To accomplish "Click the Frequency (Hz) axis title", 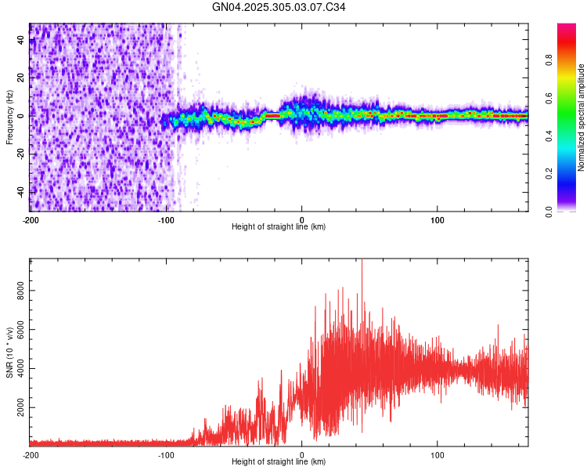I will [9, 117].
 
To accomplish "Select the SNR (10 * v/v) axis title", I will [9, 352].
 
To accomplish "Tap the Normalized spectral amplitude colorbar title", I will [581, 117].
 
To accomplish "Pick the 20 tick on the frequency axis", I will [20, 78].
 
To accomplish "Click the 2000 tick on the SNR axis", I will [20, 408].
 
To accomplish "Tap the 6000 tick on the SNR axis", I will [20, 330].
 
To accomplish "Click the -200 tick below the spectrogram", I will [30, 219].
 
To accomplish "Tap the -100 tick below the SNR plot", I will [166, 454].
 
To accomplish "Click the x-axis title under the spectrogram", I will [279, 227].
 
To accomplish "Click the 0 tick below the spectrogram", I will [302, 219].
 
